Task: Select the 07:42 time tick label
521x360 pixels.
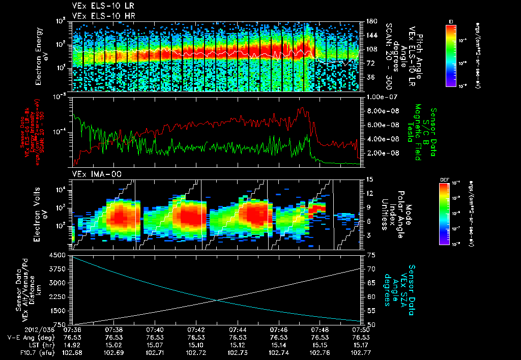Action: tap(195, 330)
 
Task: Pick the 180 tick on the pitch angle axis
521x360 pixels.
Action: tap(370, 21)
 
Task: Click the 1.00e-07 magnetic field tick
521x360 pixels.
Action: tap(381, 97)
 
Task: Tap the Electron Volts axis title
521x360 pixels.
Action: tap(41, 214)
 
